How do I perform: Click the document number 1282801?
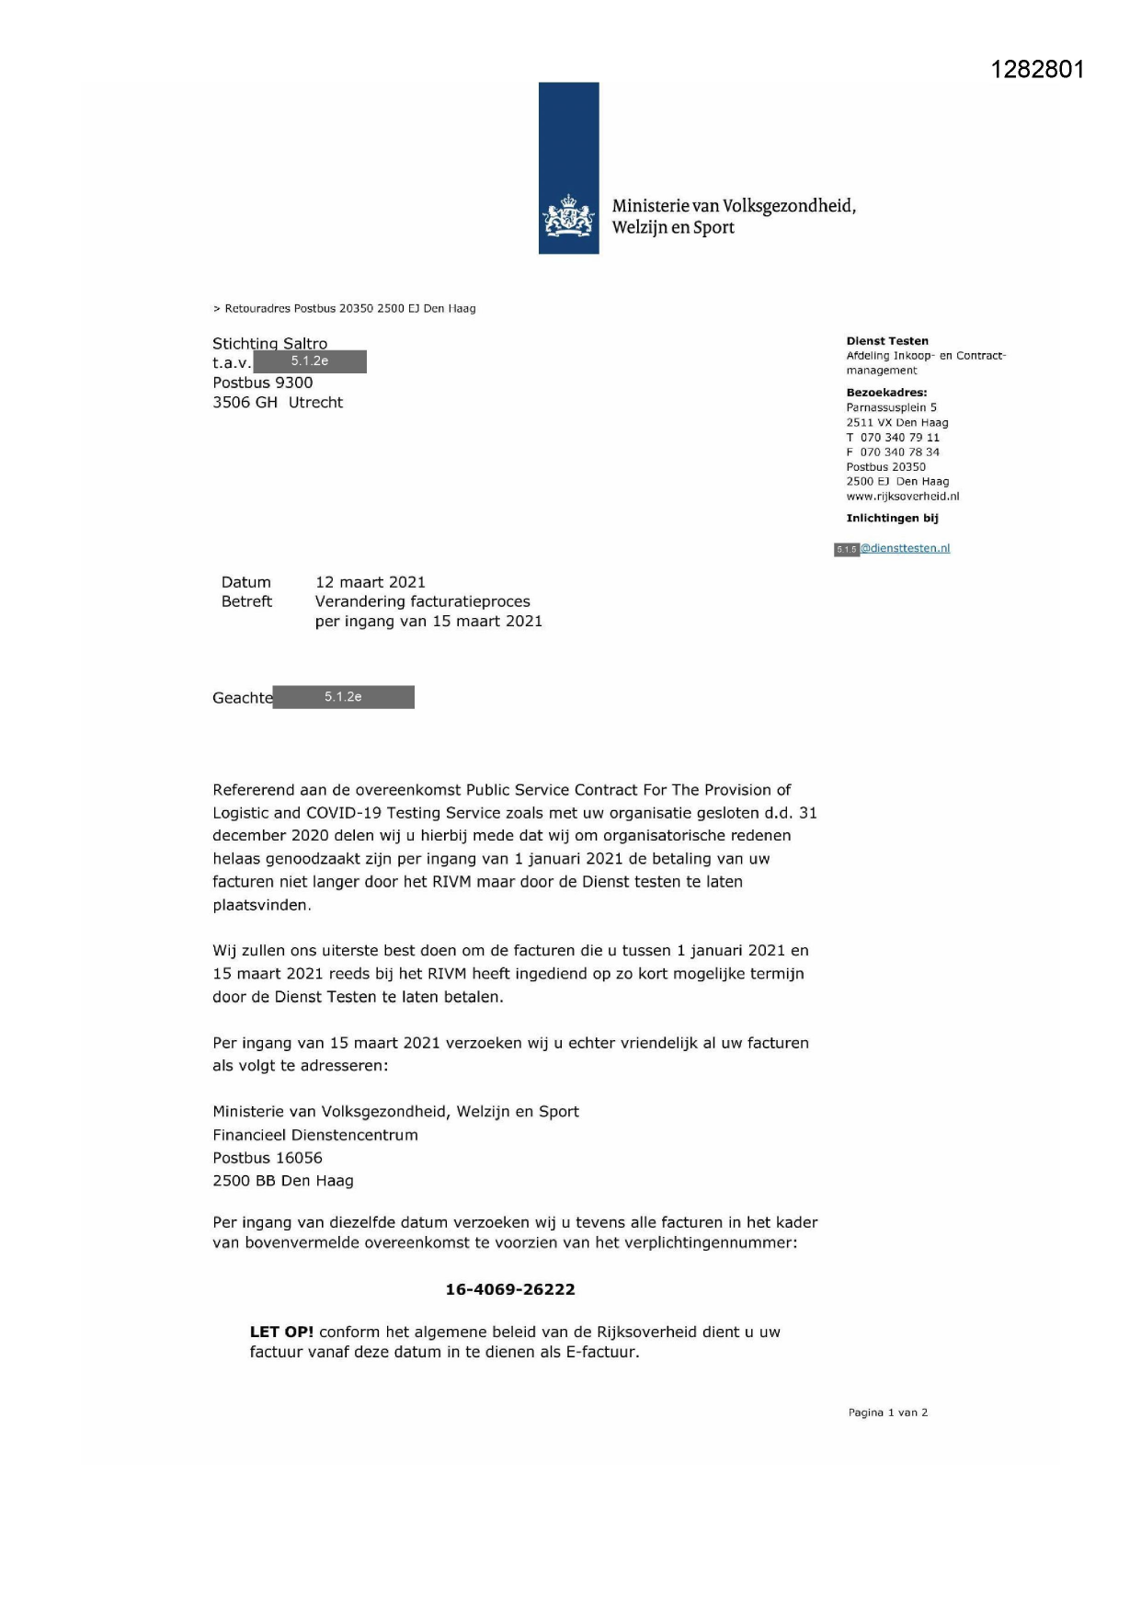[x=1037, y=70]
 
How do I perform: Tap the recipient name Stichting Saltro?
[x=269, y=343]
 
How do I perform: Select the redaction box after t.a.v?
[x=310, y=361]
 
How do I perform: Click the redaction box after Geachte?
[x=343, y=697]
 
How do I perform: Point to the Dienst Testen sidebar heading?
[x=887, y=341]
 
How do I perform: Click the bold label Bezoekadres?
[x=886, y=393]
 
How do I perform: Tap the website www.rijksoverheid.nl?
[x=902, y=497]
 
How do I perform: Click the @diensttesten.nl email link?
[x=905, y=548]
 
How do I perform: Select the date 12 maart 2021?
[x=370, y=582]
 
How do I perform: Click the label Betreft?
[x=246, y=601]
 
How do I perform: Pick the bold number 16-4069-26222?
[x=510, y=1289]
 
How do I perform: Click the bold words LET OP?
[x=281, y=1332]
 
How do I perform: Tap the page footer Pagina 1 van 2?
[x=887, y=1413]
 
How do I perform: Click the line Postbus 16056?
[x=268, y=1158]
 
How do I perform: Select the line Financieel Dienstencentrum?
[x=315, y=1135]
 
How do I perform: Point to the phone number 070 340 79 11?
[x=899, y=438]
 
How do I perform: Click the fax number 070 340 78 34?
[x=899, y=452]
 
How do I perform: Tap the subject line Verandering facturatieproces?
[x=422, y=601]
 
